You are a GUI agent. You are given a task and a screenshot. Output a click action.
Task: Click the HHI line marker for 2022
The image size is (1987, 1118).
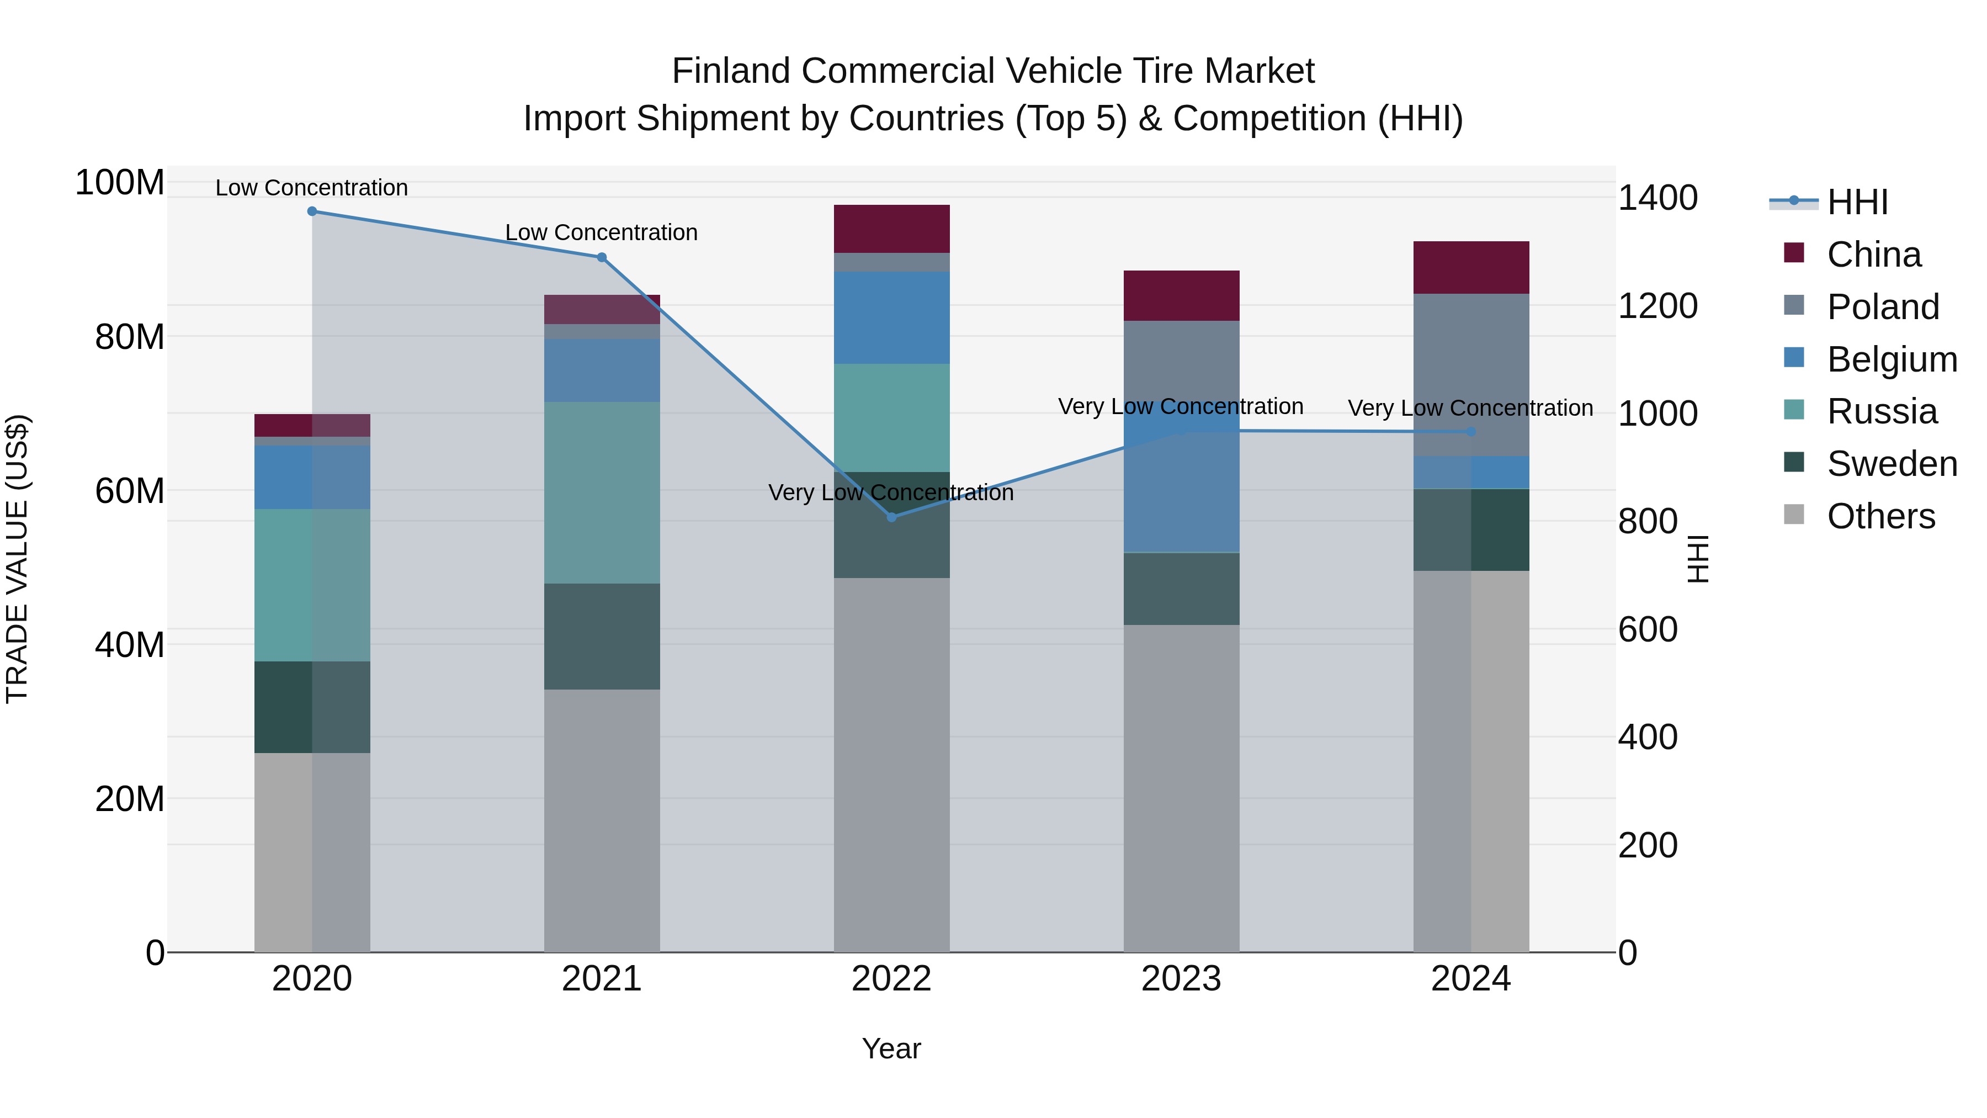892,517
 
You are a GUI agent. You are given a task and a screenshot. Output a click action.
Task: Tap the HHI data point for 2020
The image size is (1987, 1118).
312,211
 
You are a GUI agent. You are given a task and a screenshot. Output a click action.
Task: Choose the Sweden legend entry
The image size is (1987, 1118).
1892,464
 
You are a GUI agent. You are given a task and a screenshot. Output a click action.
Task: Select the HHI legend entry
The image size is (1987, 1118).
1857,202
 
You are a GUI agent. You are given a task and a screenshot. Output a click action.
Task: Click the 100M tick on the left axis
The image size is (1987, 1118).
120,183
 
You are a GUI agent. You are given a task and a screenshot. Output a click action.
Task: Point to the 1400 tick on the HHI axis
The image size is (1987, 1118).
1657,198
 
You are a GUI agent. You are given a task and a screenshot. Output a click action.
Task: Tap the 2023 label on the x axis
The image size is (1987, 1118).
1181,979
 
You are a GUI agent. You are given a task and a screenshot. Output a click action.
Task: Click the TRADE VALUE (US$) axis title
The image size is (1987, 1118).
18,559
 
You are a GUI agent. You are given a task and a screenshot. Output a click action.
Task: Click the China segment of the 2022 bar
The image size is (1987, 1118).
892,229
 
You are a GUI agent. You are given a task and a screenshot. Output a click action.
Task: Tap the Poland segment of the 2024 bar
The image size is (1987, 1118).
1471,375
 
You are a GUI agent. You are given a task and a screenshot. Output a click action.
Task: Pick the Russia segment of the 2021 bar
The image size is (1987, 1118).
602,492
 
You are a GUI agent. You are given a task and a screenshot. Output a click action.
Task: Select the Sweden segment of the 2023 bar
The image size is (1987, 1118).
1181,589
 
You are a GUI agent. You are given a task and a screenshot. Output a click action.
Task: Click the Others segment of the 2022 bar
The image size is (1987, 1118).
892,764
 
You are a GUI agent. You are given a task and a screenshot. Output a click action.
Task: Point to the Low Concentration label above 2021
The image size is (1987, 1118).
601,232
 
